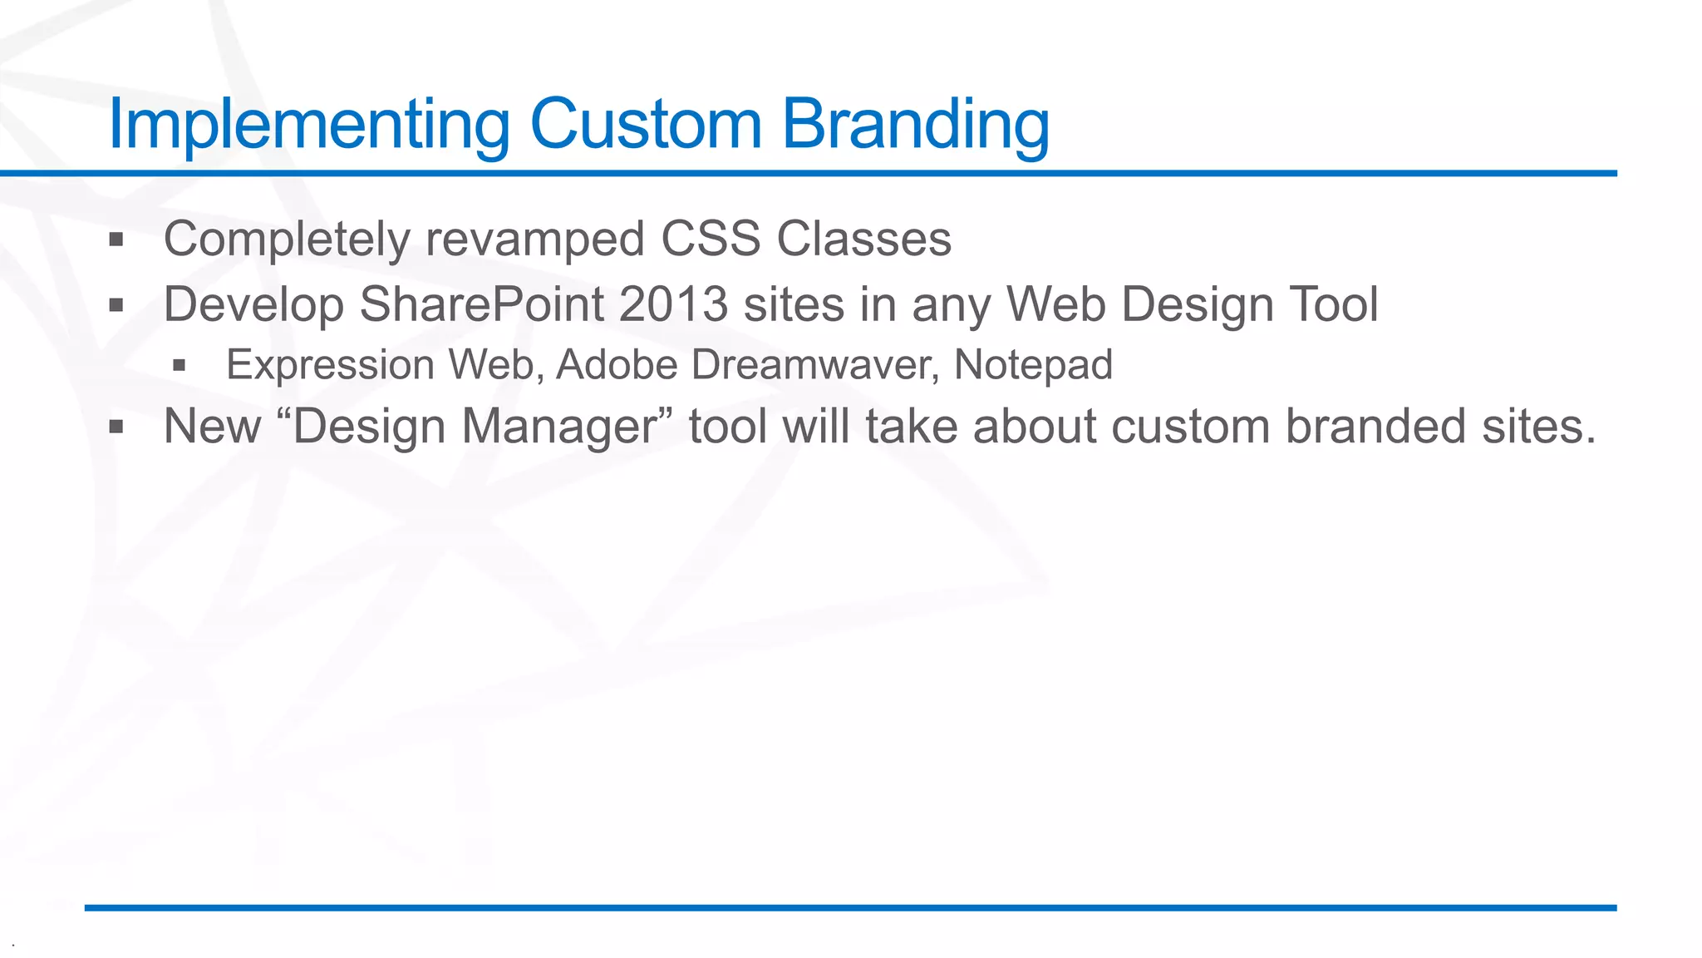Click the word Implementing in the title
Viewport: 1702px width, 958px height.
(308, 125)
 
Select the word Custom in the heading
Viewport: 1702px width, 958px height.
(646, 125)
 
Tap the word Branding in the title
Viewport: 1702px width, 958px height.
(915, 125)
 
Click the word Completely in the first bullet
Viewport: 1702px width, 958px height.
(287, 239)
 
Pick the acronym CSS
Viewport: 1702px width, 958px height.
(711, 239)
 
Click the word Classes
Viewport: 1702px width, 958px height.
(863, 239)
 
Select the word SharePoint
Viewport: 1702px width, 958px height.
(481, 304)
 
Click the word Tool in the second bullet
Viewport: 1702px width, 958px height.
(1334, 304)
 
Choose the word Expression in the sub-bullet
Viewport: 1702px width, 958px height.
(330, 365)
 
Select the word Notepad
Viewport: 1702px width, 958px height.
(1033, 365)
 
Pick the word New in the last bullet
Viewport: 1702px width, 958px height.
(213, 427)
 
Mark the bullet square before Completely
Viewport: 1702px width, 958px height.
(116, 240)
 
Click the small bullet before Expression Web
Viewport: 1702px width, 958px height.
(179, 365)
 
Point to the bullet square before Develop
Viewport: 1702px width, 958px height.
(116, 305)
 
